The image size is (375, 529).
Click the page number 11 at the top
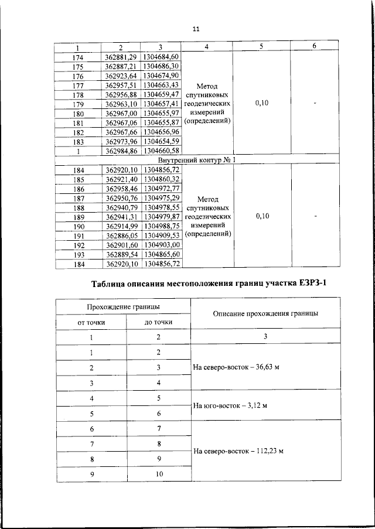tap(196, 29)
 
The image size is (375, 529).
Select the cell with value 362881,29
tap(121, 57)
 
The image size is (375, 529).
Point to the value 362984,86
tap(121, 152)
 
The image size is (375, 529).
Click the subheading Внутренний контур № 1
tap(196, 160)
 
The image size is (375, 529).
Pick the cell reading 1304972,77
tap(161, 189)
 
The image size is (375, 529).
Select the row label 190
tap(79, 227)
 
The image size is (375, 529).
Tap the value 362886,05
tap(121, 236)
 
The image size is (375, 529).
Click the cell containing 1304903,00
tap(161, 245)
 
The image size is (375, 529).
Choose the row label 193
tap(79, 255)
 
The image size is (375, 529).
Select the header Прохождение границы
tap(124, 306)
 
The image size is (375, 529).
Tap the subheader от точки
tap(91, 322)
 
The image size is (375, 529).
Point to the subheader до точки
tap(158, 322)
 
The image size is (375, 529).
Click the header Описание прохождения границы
tap(265, 313)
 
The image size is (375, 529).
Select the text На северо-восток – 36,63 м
tap(236, 367)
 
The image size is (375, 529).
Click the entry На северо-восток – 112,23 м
tap(238, 451)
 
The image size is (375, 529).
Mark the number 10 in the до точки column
tap(158, 474)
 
